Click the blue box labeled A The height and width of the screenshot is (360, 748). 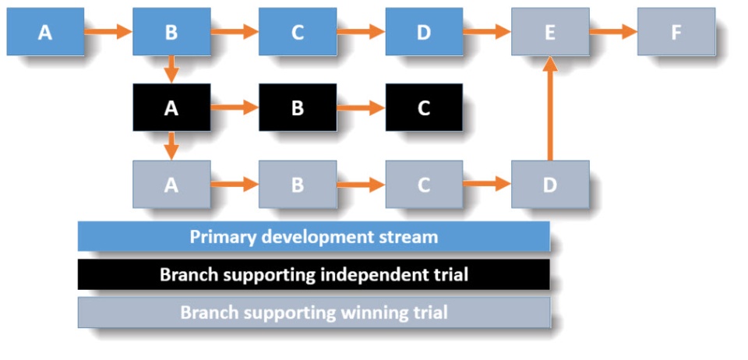point(45,32)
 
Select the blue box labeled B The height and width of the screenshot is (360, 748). point(171,32)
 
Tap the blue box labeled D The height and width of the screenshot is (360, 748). point(424,32)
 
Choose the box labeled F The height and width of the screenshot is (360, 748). point(676,32)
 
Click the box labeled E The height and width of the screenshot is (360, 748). point(550,32)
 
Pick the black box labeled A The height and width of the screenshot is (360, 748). point(171,108)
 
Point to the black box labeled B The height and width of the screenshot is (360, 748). point(298,108)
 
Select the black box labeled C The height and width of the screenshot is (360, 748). point(424,108)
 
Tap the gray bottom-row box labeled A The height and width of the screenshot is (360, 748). point(171,184)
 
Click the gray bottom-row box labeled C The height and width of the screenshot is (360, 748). point(424,184)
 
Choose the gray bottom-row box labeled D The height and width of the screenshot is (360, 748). point(550,184)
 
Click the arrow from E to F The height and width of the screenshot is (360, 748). point(613,32)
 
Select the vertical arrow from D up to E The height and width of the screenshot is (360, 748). point(550,108)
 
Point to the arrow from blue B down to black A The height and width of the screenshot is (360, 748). point(171,70)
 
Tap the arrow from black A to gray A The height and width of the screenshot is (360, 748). point(171,146)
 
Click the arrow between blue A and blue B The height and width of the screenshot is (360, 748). point(108,32)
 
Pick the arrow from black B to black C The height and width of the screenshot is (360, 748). point(361,108)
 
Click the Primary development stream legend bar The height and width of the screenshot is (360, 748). point(314,236)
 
